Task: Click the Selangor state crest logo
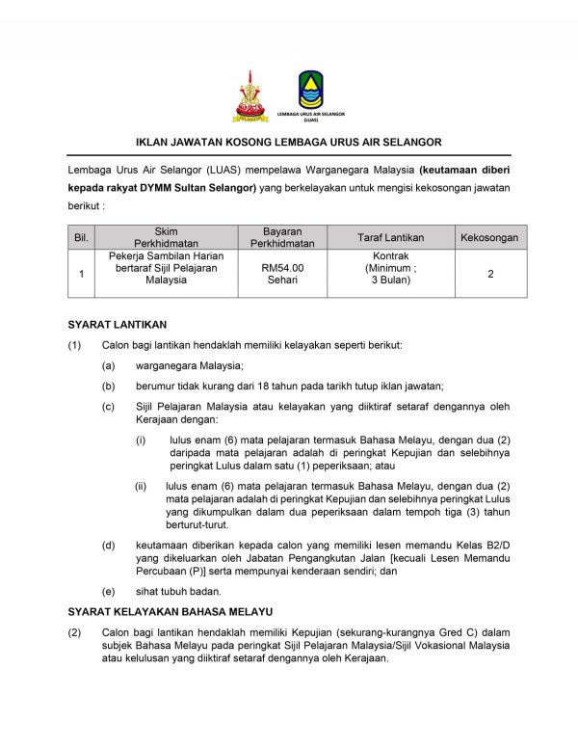250,96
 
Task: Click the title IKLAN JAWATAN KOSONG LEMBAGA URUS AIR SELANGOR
289,142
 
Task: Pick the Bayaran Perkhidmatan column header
282,237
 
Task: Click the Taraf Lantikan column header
390,237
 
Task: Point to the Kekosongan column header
489,237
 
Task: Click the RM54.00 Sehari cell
282,274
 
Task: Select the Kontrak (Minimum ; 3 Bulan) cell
390,273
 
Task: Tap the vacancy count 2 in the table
490,274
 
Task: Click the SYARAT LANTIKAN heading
118,324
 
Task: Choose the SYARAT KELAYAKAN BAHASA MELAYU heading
170,611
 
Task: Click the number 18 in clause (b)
229,386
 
